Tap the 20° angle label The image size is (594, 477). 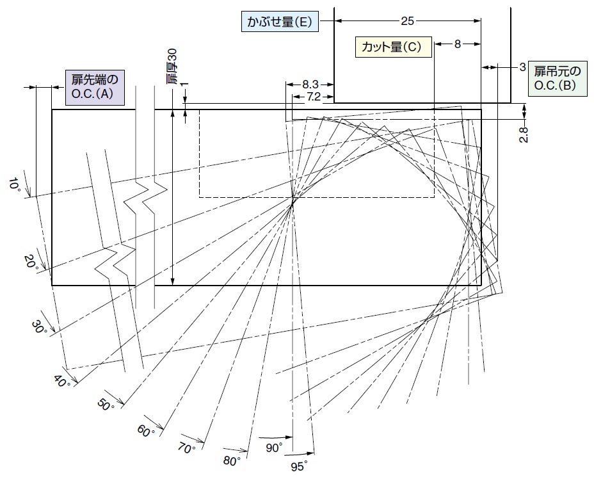(32, 262)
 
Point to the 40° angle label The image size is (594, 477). (62, 381)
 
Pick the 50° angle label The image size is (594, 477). (106, 405)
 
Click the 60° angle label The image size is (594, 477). (146, 431)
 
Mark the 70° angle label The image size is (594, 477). (187, 449)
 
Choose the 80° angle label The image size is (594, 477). (232, 461)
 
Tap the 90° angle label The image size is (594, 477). (274, 448)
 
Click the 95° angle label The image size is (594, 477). (300, 466)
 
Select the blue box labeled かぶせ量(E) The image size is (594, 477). (280, 22)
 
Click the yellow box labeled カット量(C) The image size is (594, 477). (393, 47)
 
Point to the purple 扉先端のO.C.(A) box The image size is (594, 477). (95, 87)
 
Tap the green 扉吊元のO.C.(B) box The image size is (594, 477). (558, 78)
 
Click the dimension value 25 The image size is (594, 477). (407, 21)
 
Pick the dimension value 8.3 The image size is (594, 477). (310, 85)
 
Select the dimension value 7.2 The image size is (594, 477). (313, 97)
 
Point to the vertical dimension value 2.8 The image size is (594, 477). (524, 134)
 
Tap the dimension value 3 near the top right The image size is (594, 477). (522, 67)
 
